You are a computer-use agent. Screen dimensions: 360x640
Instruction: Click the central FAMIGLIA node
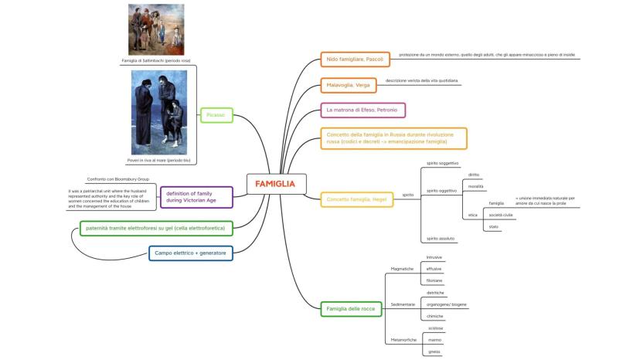pyautogui.click(x=275, y=184)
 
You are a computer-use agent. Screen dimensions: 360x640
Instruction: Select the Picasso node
pyautogui.click(x=216, y=114)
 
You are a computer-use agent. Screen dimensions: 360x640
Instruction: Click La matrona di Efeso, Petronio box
pyautogui.click(x=363, y=110)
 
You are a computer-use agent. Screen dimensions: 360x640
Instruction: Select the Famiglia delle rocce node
pyautogui.click(x=350, y=309)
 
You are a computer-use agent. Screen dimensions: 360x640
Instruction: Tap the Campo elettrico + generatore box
pyautogui.click(x=189, y=253)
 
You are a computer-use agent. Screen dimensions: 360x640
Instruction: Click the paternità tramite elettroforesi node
pyautogui.click(x=155, y=229)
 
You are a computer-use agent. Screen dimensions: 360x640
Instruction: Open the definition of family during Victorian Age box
pyautogui.click(x=196, y=197)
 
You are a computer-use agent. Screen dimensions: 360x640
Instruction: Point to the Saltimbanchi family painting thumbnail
pyautogui.click(x=155, y=29)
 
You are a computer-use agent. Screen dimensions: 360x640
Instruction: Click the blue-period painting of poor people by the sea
pyautogui.click(x=158, y=113)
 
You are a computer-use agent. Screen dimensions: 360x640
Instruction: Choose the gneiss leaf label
pyautogui.click(x=434, y=352)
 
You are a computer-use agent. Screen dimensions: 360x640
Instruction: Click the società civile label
pyautogui.click(x=501, y=214)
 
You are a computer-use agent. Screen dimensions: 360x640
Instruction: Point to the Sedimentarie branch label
pyautogui.click(x=403, y=304)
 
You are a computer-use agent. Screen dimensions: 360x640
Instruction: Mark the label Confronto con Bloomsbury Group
pyautogui.click(x=118, y=179)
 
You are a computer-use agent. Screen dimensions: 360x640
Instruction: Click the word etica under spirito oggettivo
pyautogui.click(x=472, y=214)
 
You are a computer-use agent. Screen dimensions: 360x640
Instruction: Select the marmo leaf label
pyautogui.click(x=434, y=340)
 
